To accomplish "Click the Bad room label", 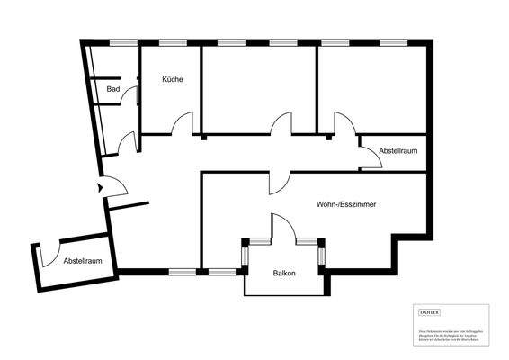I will click(x=113, y=89).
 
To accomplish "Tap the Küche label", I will click(x=173, y=80).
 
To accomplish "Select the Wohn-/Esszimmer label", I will click(x=346, y=205).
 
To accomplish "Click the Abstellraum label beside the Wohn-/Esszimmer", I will click(x=397, y=150).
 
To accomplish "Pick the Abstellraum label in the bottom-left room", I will click(x=81, y=261).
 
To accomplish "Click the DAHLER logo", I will click(x=431, y=312).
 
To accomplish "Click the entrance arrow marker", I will click(x=98, y=188).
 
